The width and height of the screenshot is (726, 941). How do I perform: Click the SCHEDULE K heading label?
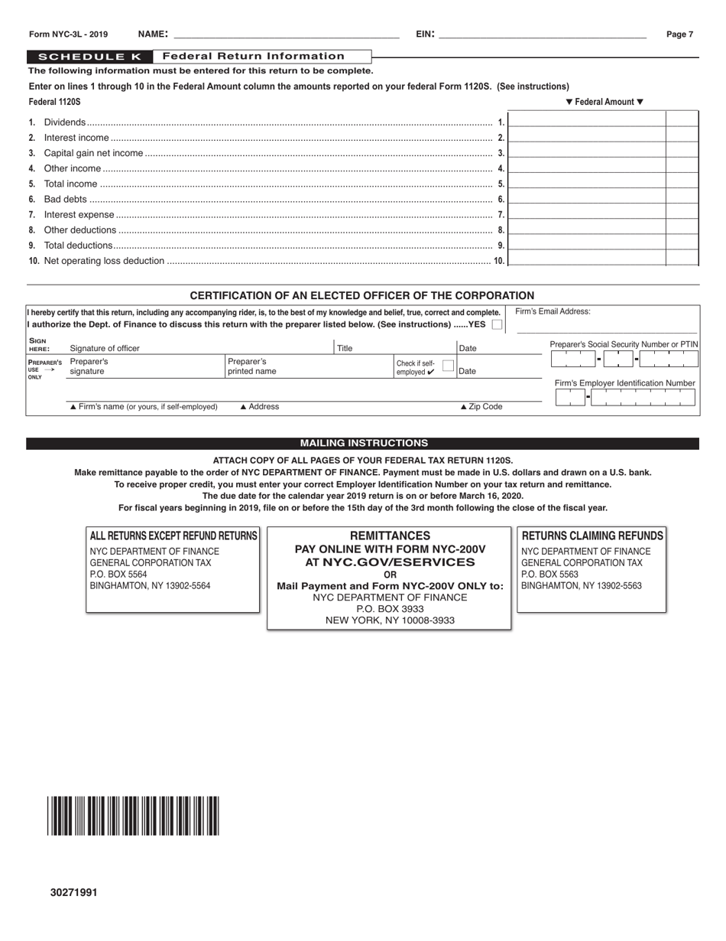(89, 57)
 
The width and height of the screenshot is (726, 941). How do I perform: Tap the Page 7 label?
(679, 34)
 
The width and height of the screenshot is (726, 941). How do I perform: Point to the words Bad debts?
(66, 199)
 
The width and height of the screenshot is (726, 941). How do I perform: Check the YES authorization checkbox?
(498, 324)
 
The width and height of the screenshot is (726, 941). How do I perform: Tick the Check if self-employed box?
(449, 366)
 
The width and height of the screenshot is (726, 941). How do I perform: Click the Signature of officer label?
(105, 348)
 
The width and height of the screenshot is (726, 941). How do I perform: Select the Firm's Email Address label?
(553, 311)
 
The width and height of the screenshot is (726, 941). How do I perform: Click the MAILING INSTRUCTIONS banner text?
(364, 443)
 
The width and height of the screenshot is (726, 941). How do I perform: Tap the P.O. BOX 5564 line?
(118, 575)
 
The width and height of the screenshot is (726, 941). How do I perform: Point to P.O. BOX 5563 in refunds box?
(549, 575)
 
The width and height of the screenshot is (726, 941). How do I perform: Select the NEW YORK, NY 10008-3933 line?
(390, 620)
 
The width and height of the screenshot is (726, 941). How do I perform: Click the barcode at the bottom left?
(134, 816)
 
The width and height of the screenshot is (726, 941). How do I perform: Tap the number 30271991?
(74, 892)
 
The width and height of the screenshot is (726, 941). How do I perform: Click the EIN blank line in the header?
(543, 34)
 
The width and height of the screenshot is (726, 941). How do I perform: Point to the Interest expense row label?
(79, 215)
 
